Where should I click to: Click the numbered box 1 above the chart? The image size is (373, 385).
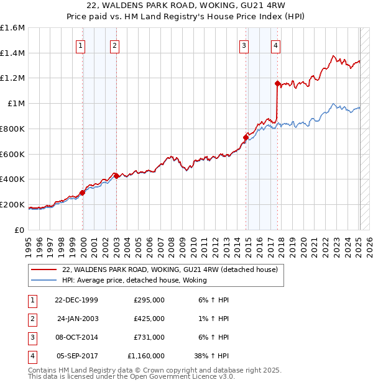[x=81, y=45]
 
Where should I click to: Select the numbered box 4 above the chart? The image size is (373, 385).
[x=275, y=45]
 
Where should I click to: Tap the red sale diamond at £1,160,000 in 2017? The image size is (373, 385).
[x=277, y=83]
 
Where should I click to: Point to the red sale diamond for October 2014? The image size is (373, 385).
[x=246, y=137]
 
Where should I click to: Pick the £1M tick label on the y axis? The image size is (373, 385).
[x=15, y=104]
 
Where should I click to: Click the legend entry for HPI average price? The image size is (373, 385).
[x=134, y=281]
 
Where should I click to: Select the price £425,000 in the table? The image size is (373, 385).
[x=149, y=319]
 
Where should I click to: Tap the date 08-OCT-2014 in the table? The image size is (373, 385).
[x=76, y=337]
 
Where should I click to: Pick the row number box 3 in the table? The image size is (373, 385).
[x=31, y=337]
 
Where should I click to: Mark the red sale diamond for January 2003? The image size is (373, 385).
[x=115, y=175]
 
